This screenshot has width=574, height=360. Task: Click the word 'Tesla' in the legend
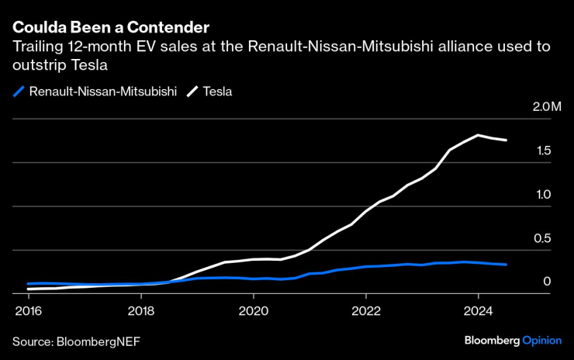click(217, 92)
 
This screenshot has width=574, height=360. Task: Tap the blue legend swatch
click(19, 92)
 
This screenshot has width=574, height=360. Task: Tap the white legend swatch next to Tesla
click(192, 92)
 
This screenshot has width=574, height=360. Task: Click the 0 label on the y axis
click(547, 282)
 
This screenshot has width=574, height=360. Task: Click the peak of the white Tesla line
click(478, 135)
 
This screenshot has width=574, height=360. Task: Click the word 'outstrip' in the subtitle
click(36, 64)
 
